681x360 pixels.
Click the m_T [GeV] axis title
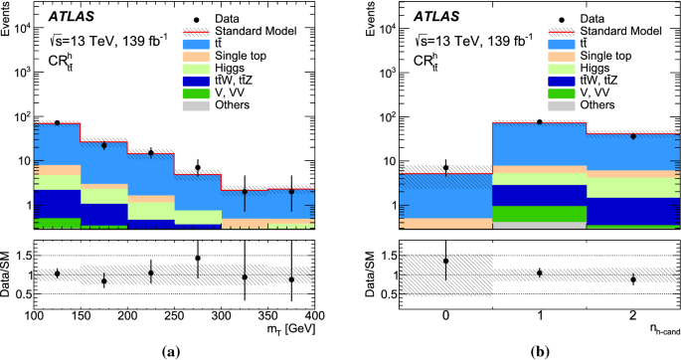289,330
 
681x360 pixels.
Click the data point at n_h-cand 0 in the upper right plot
445,168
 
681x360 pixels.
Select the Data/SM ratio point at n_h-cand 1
540,272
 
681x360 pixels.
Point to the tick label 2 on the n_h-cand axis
632,316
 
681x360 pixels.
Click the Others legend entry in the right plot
597,104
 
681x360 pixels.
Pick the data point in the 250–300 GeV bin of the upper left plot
198,167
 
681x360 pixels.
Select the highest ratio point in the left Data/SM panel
198,259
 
